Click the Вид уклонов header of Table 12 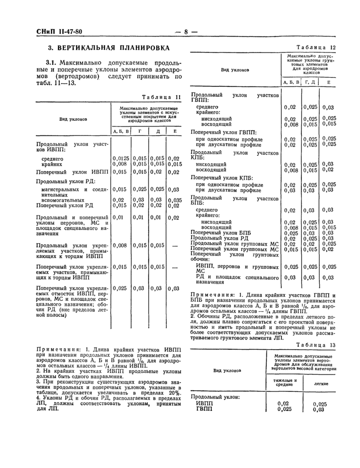coord(236,69)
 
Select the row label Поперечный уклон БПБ coord(219,232)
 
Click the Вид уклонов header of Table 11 coord(72,119)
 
